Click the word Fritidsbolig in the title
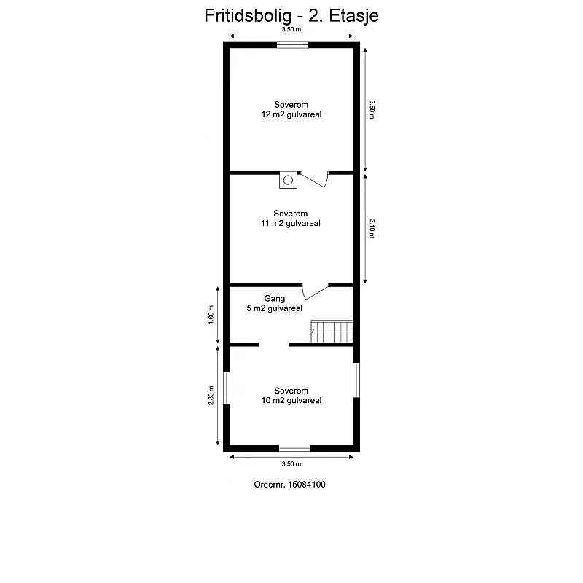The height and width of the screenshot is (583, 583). pyautogui.click(x=248, y=16)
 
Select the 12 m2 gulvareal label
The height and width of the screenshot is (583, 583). pyautogui.click(x=291, y=114)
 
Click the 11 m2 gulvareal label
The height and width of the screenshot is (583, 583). pyautogui.click(x=290, y=223)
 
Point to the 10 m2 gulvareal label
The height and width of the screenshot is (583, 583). pyautogui.click(x=291, y=400)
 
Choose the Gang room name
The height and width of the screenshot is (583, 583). pyautogui.click(x=275, y=299)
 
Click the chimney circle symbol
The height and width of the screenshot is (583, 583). pyautogui.click(x=288, y=180)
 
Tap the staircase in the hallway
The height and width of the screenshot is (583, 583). pyautogui.click(x=332, y=332)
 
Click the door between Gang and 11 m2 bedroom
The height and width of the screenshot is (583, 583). pyautogui.click(x=316, y=292)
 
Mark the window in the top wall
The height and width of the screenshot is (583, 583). pyautogui.click(x=293, y=45)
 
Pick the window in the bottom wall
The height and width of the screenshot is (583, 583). pyautogui.click(x=295, y=448)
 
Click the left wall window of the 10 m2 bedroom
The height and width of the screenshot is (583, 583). pyautogui.click(x=227, y=388)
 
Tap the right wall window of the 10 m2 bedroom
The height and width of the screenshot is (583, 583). pyautogui.click(x=356, y=380)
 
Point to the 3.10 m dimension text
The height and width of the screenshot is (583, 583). pyautogui.click(x=372, y=228)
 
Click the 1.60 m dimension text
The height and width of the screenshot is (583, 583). pyautogui.click(x=211, y=315)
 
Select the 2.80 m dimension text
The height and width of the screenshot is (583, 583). pyautogui.click(x=211, y=395)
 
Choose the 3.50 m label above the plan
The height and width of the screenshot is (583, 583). pyautogui.click(x=291, y=29)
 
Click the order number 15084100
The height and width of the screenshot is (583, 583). pyautogui.click(x=307, y=485)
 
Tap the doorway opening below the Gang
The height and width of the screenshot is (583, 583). pyautogui.click(x=274, y=345)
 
